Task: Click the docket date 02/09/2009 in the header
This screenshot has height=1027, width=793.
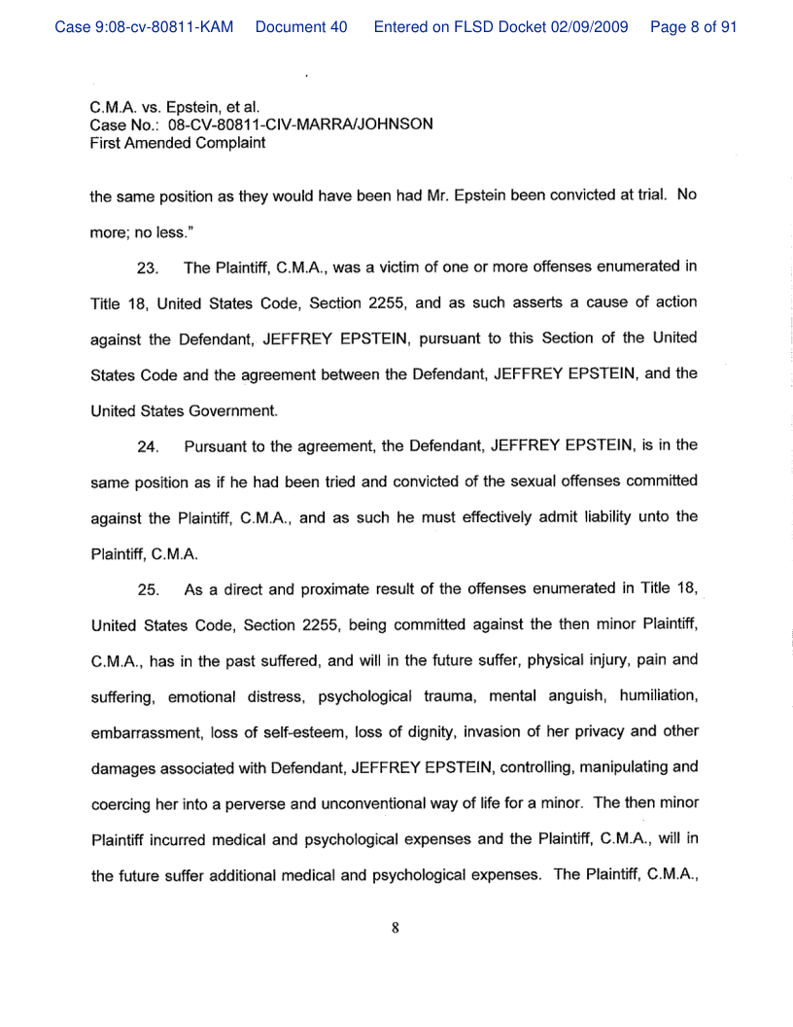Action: click(598, 27)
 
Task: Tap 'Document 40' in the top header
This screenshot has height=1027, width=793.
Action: click(300, 27)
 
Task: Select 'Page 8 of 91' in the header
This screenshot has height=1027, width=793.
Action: click(693, 27)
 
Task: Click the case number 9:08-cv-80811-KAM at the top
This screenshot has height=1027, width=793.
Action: click(144, 27)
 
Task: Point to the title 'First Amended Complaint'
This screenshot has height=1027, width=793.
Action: click(178, 143)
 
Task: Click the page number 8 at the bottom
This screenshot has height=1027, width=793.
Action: click(396, 927)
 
